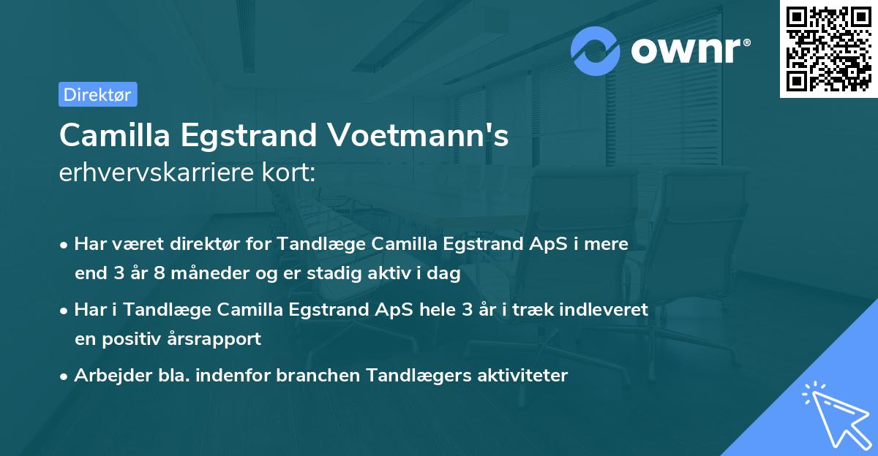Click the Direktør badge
point(97,94)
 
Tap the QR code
point(828,48)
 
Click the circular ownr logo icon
point(596,50)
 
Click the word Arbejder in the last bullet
point(106,376)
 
